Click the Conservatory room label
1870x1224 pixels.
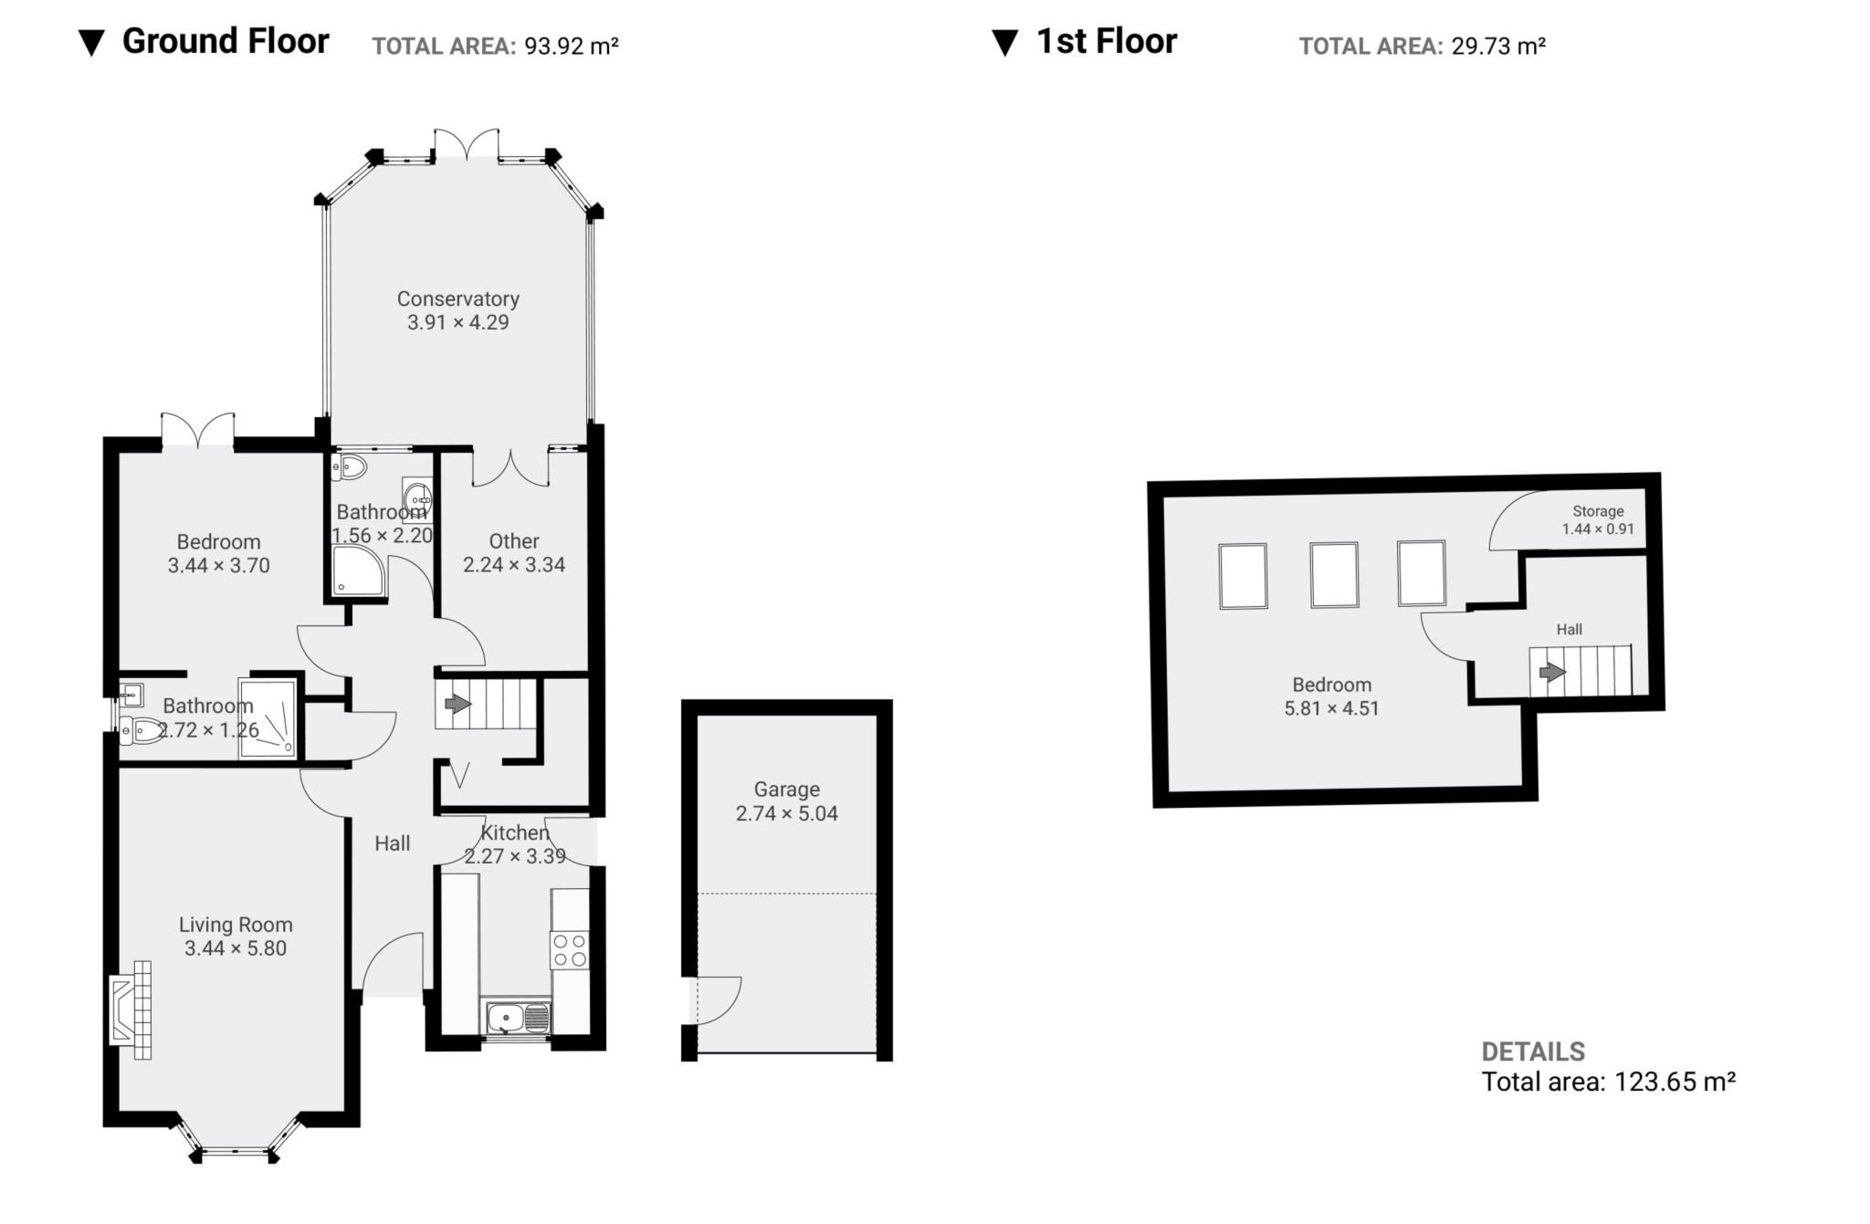pos(457,298)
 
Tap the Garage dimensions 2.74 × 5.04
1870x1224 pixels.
pos(786,813)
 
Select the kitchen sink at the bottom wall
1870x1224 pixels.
pos(517,1017)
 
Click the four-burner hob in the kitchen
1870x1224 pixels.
pos(570,949)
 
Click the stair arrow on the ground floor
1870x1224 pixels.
pos(457,704)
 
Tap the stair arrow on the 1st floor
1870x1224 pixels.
pos(1551,673)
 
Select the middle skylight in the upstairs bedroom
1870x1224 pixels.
pos(1334,575)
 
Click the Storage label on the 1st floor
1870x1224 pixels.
pos(1598,511)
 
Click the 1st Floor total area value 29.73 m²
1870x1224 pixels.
pos(1498,46)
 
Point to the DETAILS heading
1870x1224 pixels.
pos(1532,1051)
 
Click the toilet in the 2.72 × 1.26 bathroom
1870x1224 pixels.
pos(139,730)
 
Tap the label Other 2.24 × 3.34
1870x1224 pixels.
pos(514,553)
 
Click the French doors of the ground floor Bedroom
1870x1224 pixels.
pos(198,430)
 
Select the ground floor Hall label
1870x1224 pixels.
pos(392,843)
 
